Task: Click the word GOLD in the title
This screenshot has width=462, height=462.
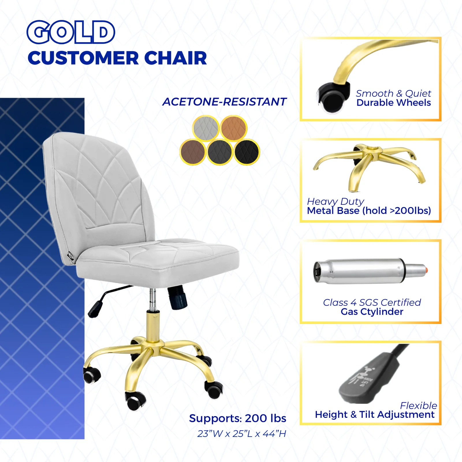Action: click(71, 32)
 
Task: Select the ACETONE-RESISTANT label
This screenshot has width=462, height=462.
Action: click(224, 102)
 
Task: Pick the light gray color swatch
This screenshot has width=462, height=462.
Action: click(206, 128)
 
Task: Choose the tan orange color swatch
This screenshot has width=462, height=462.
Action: click(234, 128)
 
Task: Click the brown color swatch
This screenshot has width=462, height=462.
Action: click(193, 152)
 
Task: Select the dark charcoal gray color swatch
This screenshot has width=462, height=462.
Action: click(220, 152)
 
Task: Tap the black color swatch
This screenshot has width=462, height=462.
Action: click(247, 152)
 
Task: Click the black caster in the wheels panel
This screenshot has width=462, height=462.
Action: click(332, 98)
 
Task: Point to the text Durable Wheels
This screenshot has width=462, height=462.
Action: click(394, 103)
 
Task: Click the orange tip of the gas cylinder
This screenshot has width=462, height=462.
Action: click(426, 270)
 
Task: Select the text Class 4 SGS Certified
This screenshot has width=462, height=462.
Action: click(372, 302)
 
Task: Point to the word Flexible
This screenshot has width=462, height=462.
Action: click(418, 406)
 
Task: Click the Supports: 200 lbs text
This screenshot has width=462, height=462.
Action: click(238, 418)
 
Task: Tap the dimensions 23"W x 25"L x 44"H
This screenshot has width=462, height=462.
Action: click(242, 434)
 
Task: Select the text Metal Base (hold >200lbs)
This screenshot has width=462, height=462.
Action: click(369, 211)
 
